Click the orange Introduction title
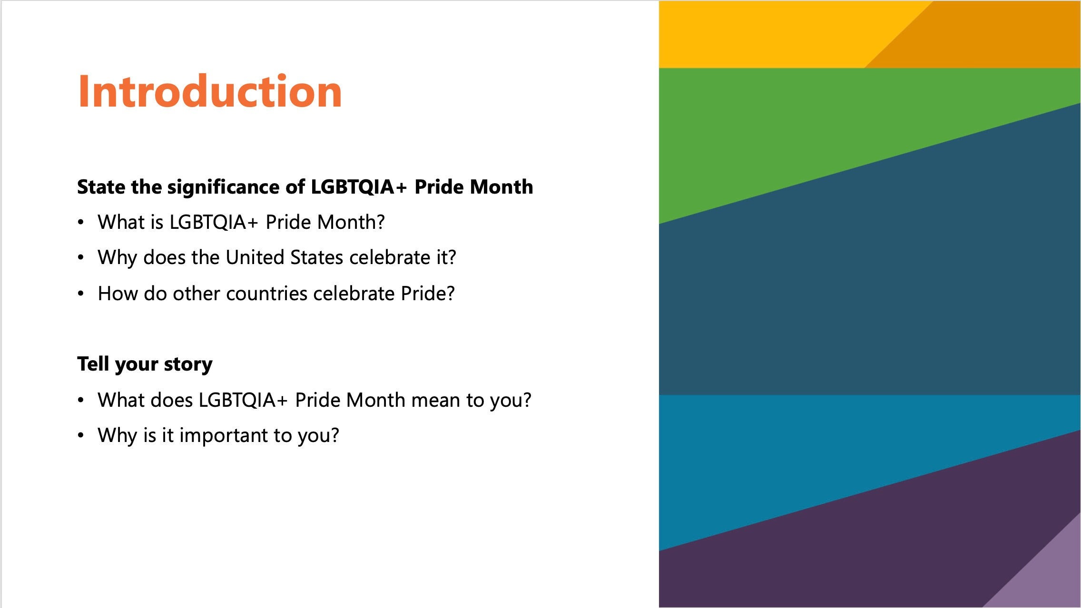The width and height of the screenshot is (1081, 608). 210,91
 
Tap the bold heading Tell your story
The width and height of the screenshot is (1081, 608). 145,364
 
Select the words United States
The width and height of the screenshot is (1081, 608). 284,257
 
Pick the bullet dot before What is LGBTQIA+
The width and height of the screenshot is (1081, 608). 81,222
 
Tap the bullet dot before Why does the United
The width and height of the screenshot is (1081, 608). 81,258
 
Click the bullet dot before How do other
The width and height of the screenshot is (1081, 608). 81,294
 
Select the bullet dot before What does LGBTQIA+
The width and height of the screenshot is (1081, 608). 81,400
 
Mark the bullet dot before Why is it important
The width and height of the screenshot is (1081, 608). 81,435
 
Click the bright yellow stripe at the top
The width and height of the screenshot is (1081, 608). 761,33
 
